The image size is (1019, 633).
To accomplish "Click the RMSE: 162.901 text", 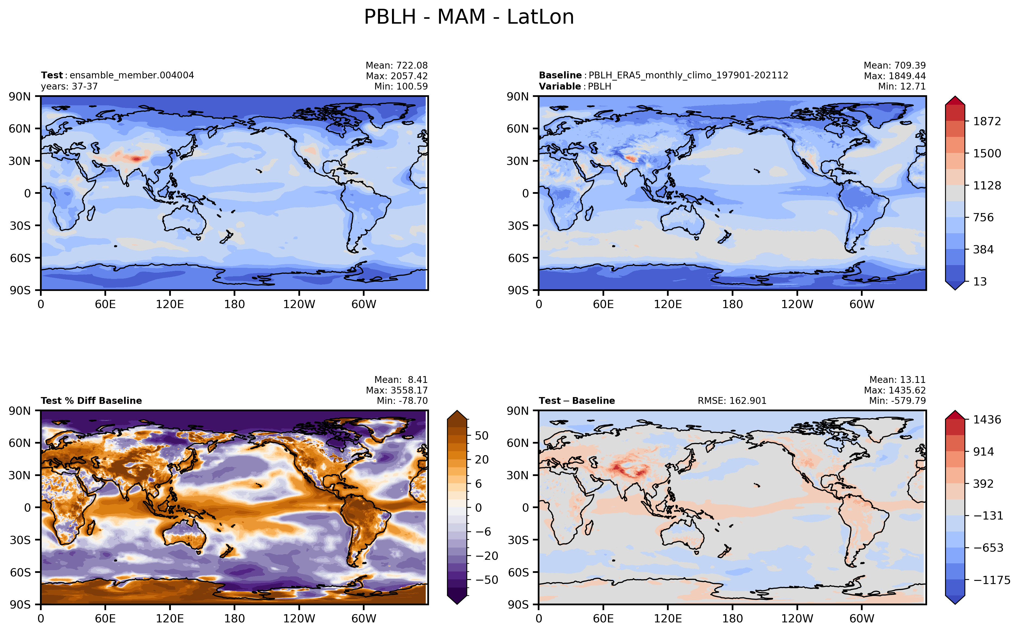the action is pos(732,401).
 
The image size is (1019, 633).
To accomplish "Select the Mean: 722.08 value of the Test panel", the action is pos(397,65).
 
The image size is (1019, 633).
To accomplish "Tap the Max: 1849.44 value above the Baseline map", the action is pos(895,76).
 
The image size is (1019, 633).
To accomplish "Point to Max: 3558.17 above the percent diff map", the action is pos(397,390).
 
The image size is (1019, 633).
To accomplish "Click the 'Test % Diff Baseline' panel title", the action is pos(91,401).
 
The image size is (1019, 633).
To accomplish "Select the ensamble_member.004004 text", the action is pos(132,75).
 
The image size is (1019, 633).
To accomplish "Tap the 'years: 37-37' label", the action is pos(69,86).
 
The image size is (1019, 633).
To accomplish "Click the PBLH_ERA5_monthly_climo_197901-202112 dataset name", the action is pos(688,75).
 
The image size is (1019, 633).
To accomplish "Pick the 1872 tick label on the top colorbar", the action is pos(987,121).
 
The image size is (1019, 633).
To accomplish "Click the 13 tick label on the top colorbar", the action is pos(980,281).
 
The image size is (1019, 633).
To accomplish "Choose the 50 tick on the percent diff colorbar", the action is pos(482,435).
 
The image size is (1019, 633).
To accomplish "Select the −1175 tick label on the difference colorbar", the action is pos(992,580).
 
